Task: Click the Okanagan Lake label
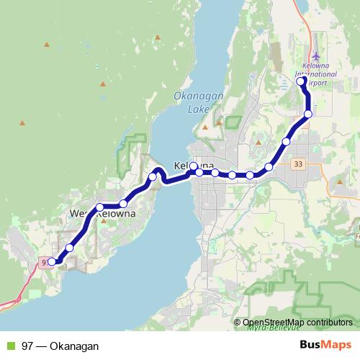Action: point(189,102)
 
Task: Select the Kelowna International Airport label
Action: point(316,78)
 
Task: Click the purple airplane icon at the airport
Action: point(316,56)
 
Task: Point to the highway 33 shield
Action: point(298,164)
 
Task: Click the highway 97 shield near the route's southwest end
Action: point(45,262)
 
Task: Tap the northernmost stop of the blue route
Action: point(301,81)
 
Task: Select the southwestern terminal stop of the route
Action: point(52,261)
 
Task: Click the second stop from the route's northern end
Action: point(308,114)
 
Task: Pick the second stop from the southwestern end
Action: point(70,248)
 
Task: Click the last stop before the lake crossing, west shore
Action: point(153,177)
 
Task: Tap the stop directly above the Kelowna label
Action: point(194,166)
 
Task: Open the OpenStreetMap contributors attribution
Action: point(297,322)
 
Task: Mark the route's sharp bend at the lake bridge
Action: point(160,171)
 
